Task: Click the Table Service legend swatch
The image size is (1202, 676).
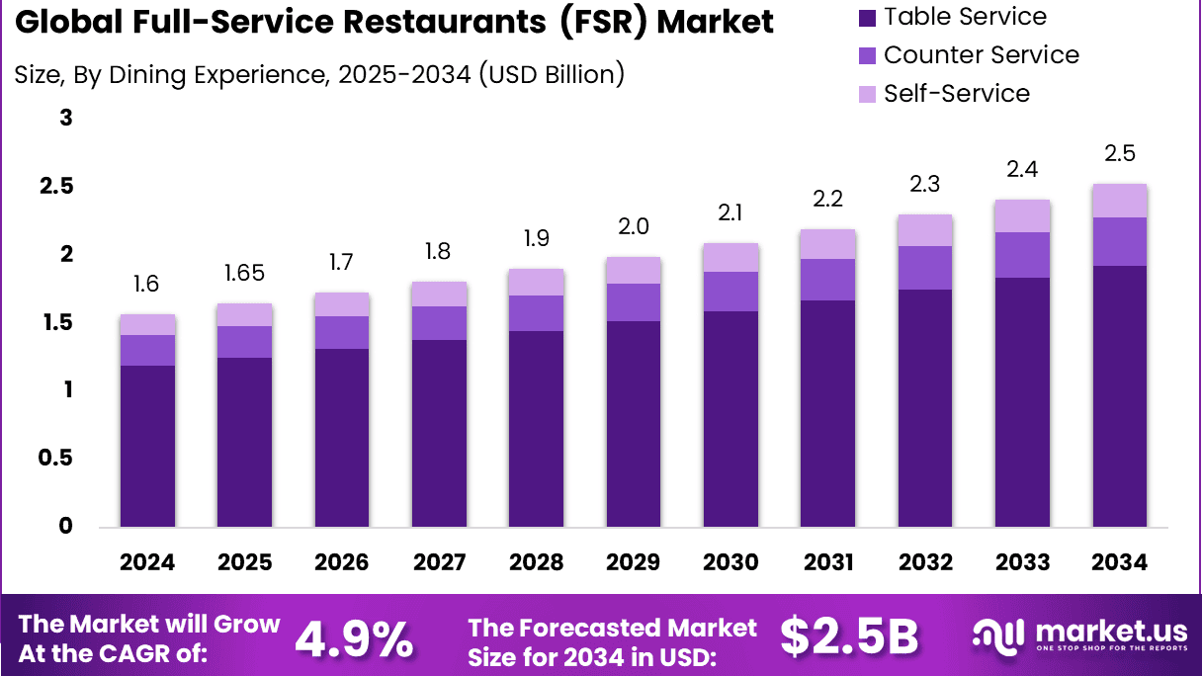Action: click(x=867, y=17)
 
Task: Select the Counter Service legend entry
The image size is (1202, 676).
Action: click(x=981, y=55)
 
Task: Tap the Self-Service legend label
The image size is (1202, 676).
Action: click(x=956, y=94)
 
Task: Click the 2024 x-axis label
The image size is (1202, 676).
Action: click(x=147, y=562)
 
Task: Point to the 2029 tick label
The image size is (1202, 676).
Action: click(x=633, y=562)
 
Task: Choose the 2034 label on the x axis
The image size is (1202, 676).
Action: click(x=1119, y=562)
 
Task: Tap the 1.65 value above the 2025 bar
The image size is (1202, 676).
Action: click(x=244, y=274)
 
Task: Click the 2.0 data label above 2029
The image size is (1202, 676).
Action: click(x=633, y=227)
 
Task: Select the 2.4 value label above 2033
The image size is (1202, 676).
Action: click(x=1022, y=170)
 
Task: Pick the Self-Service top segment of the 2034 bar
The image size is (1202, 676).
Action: click(x=1119, y=201)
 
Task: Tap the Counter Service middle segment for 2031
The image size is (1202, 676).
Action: click(x=827, y=280)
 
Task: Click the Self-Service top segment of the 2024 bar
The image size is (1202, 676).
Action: click(x=147, y=324)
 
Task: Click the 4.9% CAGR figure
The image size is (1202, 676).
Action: click(x=354, y=638)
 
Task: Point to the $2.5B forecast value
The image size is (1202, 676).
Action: click(x=849, y=637)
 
